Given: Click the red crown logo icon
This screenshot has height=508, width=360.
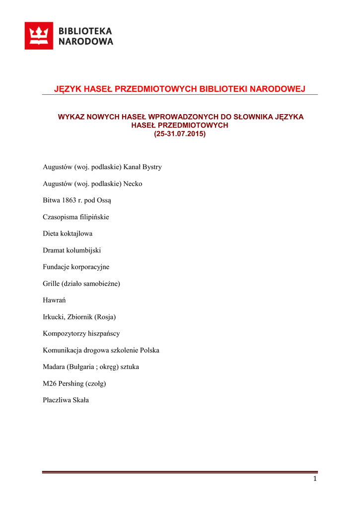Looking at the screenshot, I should (39, 36).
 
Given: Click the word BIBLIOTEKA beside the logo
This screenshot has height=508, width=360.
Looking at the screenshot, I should (85, 31).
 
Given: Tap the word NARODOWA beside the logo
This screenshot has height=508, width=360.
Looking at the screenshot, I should (86, 42).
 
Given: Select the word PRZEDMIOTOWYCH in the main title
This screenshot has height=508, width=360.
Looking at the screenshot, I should (155, 89).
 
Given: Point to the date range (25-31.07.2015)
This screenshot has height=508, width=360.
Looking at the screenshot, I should (179, 134).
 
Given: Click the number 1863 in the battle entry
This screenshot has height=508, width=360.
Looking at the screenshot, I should (67, 200).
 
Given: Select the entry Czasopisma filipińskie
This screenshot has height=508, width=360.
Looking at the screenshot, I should (76, 217).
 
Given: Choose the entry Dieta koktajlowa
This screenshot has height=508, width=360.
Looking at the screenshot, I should (68, 234).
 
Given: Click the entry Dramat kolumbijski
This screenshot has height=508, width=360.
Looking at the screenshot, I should (72, 251).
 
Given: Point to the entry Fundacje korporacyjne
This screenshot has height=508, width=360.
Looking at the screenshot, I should (76, 267).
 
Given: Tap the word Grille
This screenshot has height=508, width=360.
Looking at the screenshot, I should (51, 284).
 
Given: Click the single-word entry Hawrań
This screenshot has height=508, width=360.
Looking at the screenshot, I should (55, 300).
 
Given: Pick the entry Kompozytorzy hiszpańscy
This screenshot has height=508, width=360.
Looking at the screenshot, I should (81, 333).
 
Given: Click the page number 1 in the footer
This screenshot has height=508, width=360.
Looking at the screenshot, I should (315, 479).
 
